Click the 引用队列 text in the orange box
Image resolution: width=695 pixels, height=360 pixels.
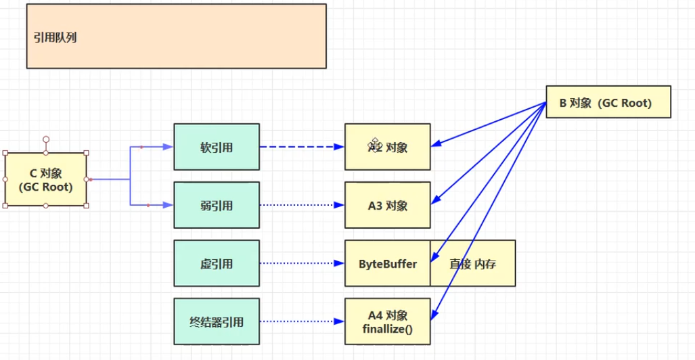tap(55, 38)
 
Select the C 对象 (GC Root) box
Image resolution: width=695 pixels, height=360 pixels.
tap(46, 179)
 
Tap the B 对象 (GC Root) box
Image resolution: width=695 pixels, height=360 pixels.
tap(608, 103)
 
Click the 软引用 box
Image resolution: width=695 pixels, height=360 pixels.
tap(217, 147)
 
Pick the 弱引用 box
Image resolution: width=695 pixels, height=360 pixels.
tap(217, 204)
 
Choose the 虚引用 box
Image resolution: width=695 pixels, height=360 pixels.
tap(217, 263)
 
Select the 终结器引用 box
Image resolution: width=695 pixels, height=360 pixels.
tap(217, 321)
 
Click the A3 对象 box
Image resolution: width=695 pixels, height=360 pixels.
tap(388, 204)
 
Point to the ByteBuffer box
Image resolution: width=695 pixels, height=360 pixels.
tap(388, 263)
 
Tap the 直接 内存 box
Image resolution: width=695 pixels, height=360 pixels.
tap(473, 263)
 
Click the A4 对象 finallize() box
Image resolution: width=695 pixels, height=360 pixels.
tap(388, 321)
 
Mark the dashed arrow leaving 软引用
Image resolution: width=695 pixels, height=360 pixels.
tap(301, 147)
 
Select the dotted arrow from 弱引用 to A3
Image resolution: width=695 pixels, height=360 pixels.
tap(301, 204)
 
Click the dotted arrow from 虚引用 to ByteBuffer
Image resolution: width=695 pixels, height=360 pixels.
tap(301, 263)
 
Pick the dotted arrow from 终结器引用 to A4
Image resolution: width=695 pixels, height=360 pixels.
tap(301, 321)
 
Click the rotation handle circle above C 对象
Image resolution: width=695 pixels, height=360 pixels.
tap(46, 139)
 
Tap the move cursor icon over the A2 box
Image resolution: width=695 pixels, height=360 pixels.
tap(375, 143)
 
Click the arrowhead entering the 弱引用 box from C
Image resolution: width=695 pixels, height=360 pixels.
tap(169, 204)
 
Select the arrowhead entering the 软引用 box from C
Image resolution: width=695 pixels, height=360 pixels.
tap(169, 147)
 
